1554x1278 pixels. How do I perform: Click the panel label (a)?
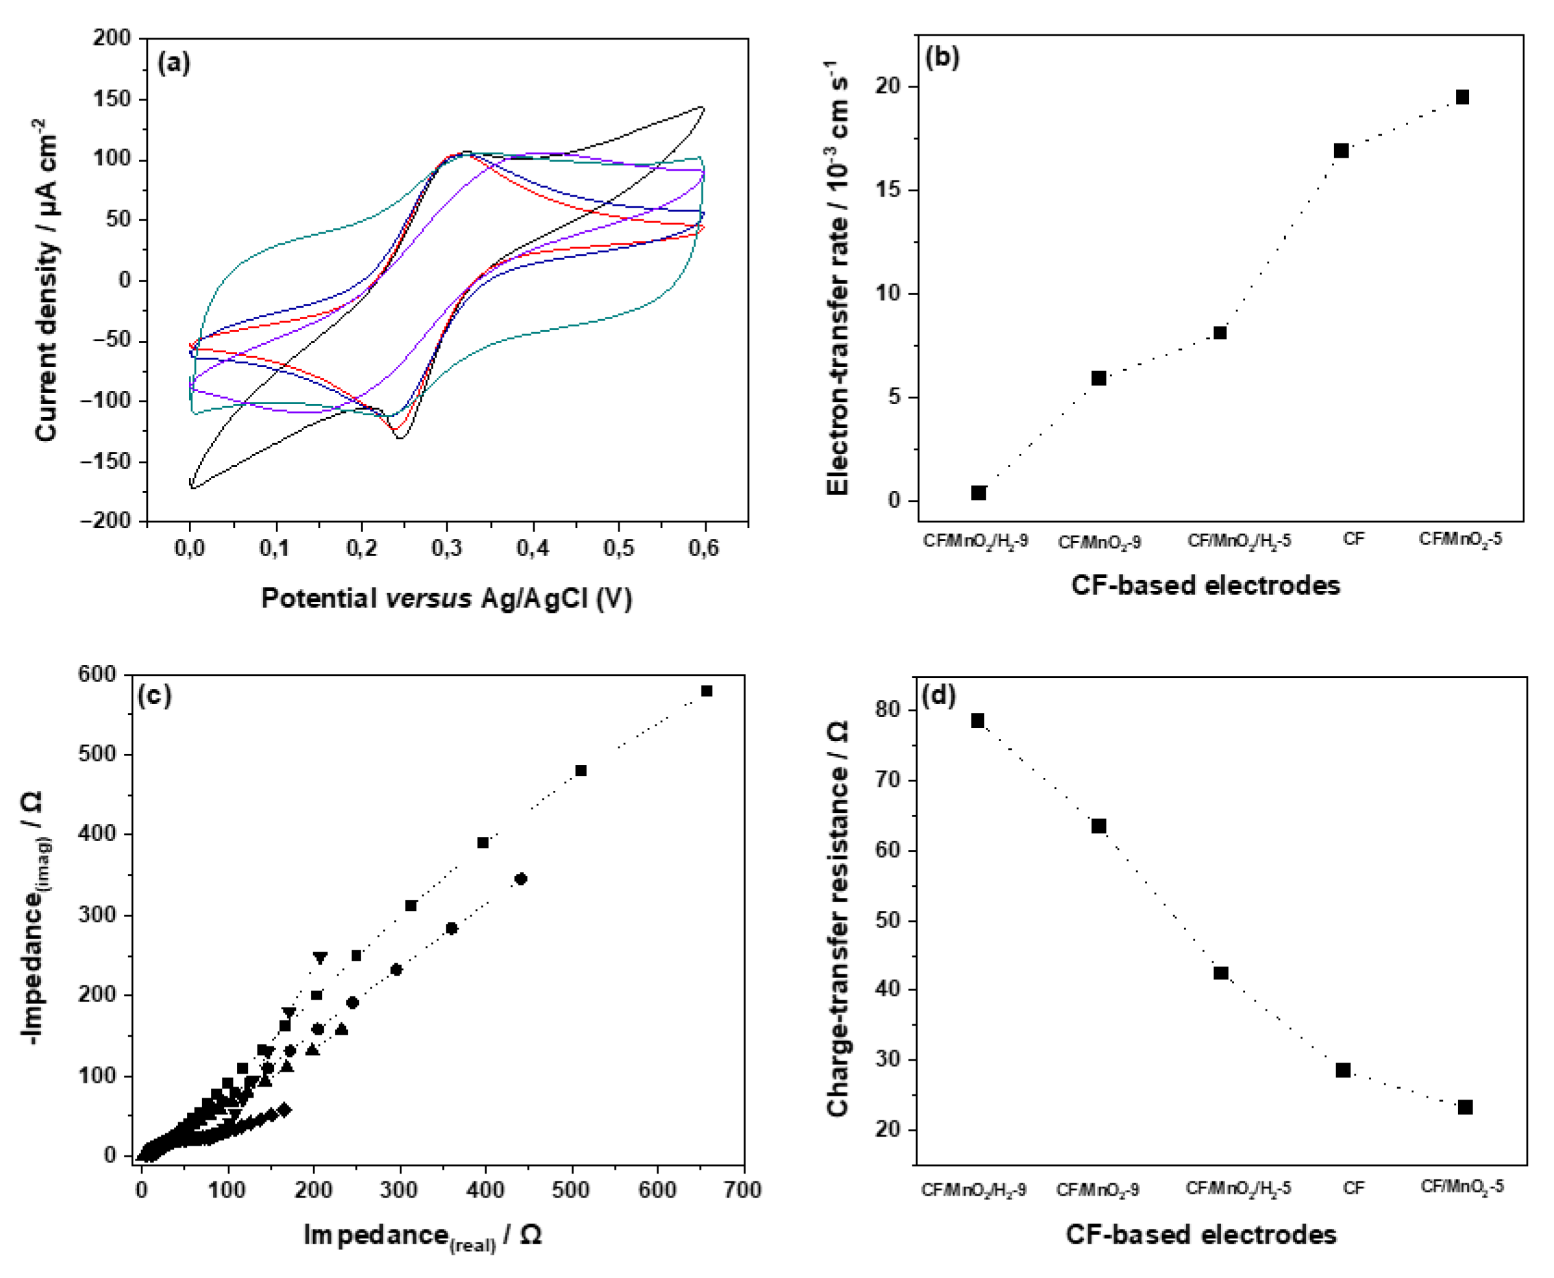[x=174, y=64]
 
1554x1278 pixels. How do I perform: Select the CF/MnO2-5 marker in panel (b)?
[x=1462, y=97]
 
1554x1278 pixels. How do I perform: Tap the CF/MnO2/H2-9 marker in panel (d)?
[x=978, y=721]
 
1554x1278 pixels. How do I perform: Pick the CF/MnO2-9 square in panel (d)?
[x=1099, y=826]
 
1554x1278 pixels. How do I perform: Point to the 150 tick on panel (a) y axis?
[x=112, y=99]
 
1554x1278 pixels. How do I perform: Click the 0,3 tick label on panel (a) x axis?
[x=446, y=548]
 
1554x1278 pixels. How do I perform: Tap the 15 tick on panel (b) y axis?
[x=886, y=191]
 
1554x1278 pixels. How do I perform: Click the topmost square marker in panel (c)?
[x=706, y=690]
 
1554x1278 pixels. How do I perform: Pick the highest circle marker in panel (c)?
[x=520, y=879]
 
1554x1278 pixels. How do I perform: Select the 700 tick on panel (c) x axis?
[x=742, y=1190]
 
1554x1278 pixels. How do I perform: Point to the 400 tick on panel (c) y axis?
[x=97, y=834]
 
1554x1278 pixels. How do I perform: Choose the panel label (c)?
[x=154, y=695]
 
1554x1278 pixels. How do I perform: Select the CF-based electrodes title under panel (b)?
[x=1205, y=585]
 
